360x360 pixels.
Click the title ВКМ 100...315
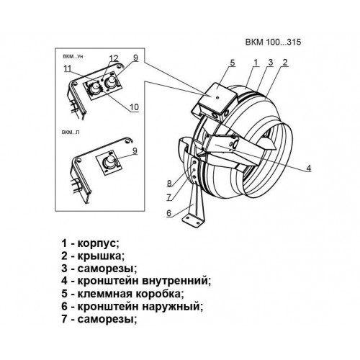pos(273,42)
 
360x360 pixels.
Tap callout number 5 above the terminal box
pos(233,63)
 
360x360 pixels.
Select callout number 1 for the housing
pos(256,63)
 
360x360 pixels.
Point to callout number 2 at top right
pos(285,63)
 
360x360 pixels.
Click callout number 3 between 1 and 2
pos(271,63)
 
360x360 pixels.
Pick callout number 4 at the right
pos(309,168)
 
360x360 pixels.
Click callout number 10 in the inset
pos(135,107)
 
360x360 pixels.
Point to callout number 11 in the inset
pos(68,68)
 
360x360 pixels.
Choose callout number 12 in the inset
pos(114,58)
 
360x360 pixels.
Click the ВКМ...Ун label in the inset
pos(73,57)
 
